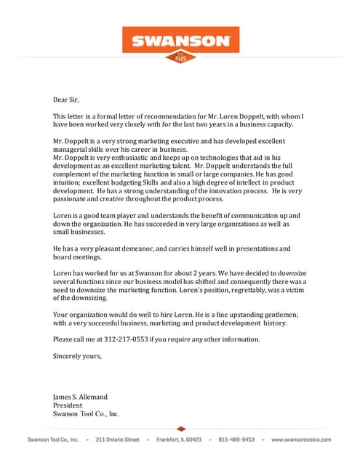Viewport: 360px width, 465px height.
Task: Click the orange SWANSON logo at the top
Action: click(x=180, y=40)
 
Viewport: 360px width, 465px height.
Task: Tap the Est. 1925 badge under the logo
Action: click(x=180, y=56)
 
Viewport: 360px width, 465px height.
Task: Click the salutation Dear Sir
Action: click(x=65, y=100)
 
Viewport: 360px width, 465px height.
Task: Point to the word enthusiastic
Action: click(x=128, y=157)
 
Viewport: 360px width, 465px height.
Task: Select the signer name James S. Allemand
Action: click(x=80, y=397)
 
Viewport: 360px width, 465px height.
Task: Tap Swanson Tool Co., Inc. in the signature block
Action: click(x=86, y=414)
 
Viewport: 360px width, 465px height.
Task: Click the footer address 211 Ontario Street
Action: click(x=117, y=440)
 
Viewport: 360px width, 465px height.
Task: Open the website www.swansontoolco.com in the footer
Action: click(x=300, y=440)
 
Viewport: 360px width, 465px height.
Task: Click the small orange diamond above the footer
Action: click(x=180, y=429)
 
